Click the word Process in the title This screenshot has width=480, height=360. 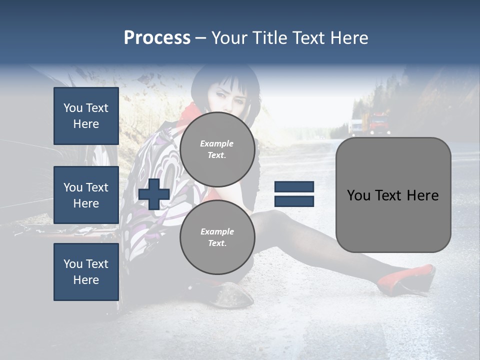(157, 38)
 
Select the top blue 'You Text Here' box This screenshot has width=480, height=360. (86, 116)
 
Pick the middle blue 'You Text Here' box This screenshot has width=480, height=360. (86, 195)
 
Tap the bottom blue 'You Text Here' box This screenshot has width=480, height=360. (86, 271)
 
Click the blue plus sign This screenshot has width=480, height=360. (154, 194)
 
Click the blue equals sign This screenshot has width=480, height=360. (294, 194)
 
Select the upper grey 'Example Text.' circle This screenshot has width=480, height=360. (217, 149)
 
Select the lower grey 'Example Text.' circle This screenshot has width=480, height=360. (217, 237)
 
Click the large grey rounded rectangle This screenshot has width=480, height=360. (393, 195)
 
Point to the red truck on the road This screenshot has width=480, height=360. (378, 123)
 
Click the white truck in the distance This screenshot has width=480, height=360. (356, 126)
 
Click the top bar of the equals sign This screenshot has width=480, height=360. (294, 187)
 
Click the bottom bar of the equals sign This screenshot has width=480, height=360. (294, 201)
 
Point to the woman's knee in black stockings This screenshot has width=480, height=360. (272, 220)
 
